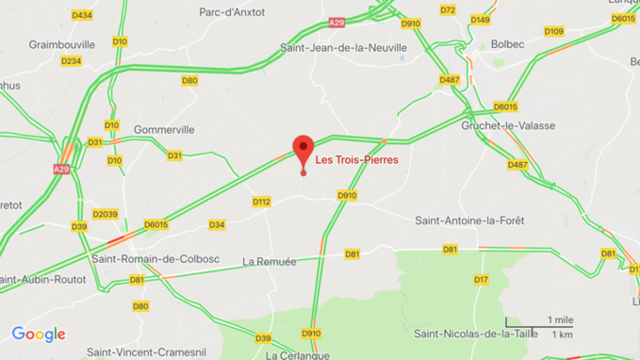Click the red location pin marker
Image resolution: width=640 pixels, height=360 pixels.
pyautogui.click(x=303, y=151)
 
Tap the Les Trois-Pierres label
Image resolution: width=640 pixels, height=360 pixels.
pyautogui.click(x=356, y=160)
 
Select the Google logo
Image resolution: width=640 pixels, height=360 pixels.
pyautogui.click(x=39, y=335)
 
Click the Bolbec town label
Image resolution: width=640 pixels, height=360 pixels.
pyautogui.click(x=507, y=44)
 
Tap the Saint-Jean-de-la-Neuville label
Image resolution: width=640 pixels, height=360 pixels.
pyautogui.click(x=344, y=47)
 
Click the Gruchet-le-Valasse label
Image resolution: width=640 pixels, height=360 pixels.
pyautogui.click(x=508, y=125)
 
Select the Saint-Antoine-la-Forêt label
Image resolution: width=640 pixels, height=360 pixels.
pyautogui.click(x=469, y=221)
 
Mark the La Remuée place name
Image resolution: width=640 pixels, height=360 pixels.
pyautogui.click(x=269, y=261)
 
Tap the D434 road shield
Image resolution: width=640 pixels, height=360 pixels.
pyautogui.click(x=82, y=15)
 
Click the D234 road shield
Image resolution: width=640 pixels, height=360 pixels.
pyautogui.click(x=71, y=61)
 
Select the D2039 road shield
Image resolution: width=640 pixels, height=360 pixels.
pyautogui.click(x=106, y=214)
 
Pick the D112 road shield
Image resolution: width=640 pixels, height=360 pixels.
pyautogui.click(x=261, y=202)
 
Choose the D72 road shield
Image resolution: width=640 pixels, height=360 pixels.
pyautogui.click(x=448, y=10)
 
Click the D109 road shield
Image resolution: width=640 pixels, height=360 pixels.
pyautogui.click(x=553, y=31)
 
